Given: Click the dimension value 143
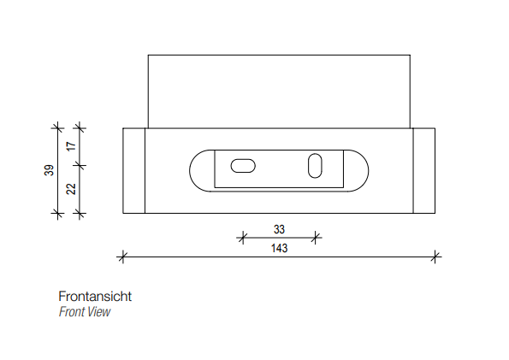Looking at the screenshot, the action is click(x=279, y=248).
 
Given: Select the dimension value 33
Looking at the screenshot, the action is click(x=279, y=229).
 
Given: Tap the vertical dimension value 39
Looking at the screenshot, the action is click(x=49, y=170).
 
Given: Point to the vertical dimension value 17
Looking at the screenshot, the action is click(x=71, y=145).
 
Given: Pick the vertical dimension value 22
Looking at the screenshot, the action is click(x=71, y=189).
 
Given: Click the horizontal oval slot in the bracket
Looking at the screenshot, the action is click(x=243, y=166).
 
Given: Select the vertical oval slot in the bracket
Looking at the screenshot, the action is click(x=315, y=166).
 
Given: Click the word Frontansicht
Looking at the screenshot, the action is click(x=95, y=297).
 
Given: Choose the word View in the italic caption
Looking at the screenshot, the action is click(x=99, y=312).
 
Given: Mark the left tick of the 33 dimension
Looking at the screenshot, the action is click(x=242, y=238).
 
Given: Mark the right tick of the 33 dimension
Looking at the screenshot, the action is click(x=315, y=238).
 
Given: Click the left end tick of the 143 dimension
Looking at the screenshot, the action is click(x=122, y=257).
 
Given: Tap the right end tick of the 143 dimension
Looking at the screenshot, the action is click(x=435, y=257).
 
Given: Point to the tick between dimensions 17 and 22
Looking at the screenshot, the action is click(x=80, y=166).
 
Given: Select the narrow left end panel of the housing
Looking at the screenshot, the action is click(x=133, y=171).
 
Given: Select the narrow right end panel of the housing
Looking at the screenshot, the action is click(x=424, y=171).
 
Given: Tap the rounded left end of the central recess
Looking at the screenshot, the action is click(x=190, y=171).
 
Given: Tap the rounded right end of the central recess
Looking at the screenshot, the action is click(x=368, y=171).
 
